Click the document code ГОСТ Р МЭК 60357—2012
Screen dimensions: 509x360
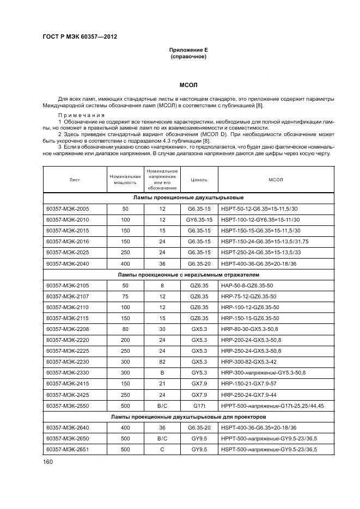pyautogui.click(x=80, y=37)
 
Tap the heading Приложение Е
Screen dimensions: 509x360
pyautogui.click(x=188, y=50)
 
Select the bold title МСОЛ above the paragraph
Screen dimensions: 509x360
pyautogui.click(x=188, y=85)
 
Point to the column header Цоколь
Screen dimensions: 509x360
pyautogui.click(x=198, y=179)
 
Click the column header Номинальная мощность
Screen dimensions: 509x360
pyautogui.click(x=125, y=179)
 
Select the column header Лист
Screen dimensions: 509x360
pyautogui.click(x=75, y=179)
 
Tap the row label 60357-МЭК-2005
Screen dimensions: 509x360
pyautogui.click(x=68, y=208)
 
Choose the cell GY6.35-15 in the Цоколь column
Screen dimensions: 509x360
pyautogui.click(x=199, y=219)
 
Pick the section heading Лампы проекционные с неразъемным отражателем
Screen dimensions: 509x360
pyautogui.click(x=188, y=275)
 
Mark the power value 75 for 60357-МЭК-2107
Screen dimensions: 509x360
pyautogui.click(x=125, y=297)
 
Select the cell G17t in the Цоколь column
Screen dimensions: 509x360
pyautogui.click(x=199, y=406)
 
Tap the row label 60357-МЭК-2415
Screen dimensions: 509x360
pyautogui.click(x=68, y=384)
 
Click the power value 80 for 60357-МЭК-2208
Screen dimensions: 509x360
pyautogui.click(x=125, y=330)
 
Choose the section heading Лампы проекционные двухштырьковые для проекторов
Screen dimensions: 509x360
pyautogui.click(x=188, y=416)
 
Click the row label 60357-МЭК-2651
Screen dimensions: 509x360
pyautogui.click(x=68, y=449)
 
